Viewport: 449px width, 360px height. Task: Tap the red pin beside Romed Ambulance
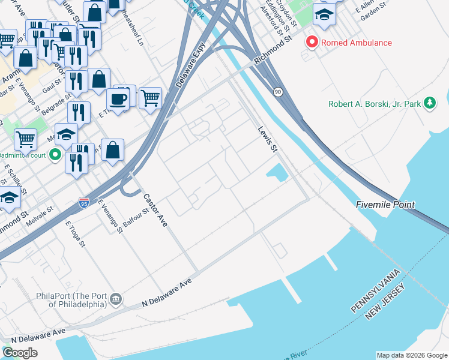(312, 43)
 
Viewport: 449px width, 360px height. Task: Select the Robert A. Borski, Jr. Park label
(375, 104)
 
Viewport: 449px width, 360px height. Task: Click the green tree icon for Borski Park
(429, 103)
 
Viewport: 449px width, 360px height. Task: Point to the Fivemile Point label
(385, 205)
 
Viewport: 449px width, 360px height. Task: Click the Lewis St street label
(268, 139)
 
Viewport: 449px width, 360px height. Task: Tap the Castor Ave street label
(154, 210)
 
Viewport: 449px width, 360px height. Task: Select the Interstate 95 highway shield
(84, 204)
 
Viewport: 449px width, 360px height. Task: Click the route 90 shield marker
(277, 92)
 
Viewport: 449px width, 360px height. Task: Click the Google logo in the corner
(20, 353)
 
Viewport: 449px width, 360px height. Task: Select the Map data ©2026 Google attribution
(411, 355)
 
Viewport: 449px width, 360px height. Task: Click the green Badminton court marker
(55, 155)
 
